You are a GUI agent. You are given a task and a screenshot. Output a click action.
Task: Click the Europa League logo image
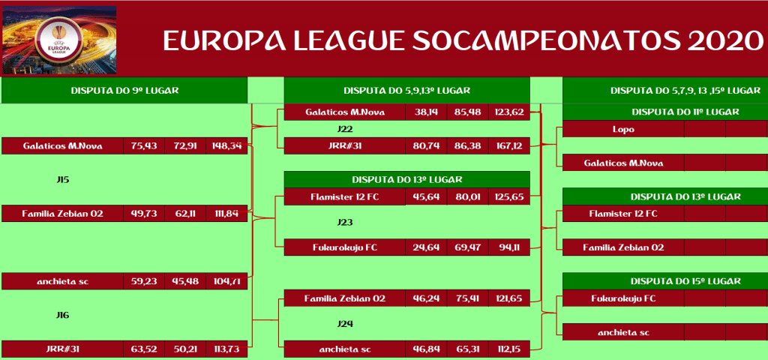point(60,40)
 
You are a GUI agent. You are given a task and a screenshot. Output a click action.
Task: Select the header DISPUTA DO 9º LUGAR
point(124,91)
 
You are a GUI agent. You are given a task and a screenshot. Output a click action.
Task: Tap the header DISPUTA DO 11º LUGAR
point(685,112)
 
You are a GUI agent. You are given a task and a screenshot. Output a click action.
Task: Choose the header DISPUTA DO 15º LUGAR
point(685,281)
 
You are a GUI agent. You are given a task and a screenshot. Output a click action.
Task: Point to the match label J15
point(63,180)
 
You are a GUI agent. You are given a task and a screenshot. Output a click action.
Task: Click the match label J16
point(63,316)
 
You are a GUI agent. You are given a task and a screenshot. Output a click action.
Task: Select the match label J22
point(345,129)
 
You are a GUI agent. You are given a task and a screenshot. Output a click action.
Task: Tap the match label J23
point(345,222)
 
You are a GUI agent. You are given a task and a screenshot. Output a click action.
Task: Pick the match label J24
point(345,324)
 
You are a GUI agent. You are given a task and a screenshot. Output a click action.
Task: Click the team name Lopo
point(623,130)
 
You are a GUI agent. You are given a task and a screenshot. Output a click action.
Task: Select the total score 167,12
point(509,146)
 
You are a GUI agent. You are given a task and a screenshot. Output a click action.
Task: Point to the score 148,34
point(226,146)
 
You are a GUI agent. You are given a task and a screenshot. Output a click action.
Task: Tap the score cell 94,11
point(509,247)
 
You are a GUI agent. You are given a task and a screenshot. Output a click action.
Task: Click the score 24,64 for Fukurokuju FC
point(426,247)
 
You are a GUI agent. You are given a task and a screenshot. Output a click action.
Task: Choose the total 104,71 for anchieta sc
point(226,282)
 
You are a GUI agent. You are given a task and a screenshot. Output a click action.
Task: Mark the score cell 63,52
point(144,349)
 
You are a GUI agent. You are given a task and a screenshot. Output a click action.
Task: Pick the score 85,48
point(468,112)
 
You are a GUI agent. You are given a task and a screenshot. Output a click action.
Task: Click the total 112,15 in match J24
point(509,349)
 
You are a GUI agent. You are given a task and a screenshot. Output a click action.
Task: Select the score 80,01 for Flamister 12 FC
point(468,197)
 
